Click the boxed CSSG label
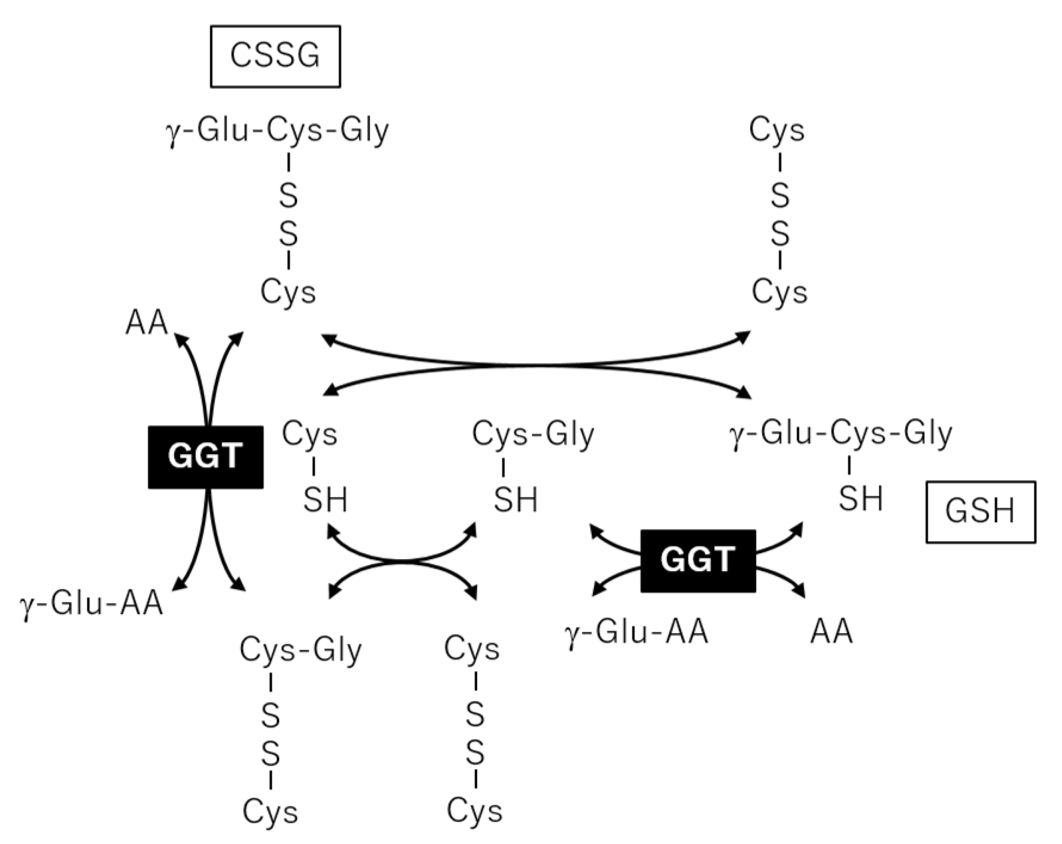275,56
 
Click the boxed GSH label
980,511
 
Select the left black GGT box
205,457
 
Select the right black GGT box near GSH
698,561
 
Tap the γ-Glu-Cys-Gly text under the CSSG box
277,132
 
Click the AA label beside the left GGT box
146,323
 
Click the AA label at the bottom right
831,632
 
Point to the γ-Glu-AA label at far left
92,604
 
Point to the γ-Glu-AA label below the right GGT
636,632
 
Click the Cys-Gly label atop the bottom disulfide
301,650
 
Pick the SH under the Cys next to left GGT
325,500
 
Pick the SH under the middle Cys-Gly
515,500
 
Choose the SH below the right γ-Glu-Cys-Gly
860,499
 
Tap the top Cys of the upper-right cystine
776,131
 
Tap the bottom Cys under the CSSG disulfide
288,292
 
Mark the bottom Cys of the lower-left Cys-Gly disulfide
270,811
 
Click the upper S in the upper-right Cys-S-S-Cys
780,195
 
